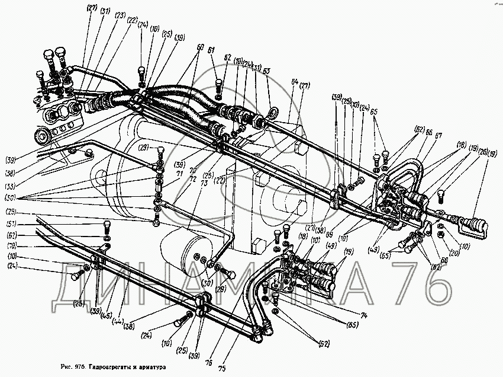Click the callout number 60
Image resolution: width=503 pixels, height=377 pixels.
point(200,46)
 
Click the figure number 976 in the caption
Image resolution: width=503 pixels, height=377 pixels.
point(80,367)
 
